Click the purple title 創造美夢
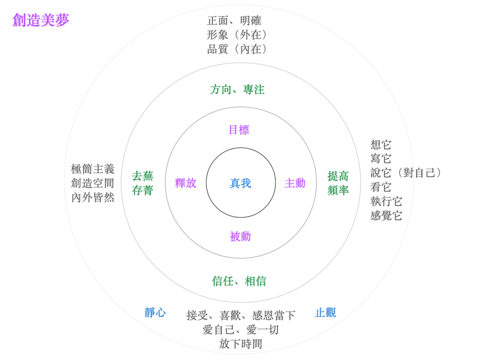click(x=41, y=20)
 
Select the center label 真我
click(x=240, y=183)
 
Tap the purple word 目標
click(x=239, y=130)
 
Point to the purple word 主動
click(x=295, y=183)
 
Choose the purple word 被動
click(x=240, y=236)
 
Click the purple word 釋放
click(x=186, y=183)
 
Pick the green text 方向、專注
click(x=237, y=90)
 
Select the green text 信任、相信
click(x=239, y=281)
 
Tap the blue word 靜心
click(x=155, y=313)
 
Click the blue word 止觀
click(x=325, y=313)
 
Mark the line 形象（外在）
click(x=237, y=35)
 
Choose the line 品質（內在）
click(x=237, y=49)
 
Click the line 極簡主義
click(x=93, y=169)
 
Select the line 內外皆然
click(x=93, y=197)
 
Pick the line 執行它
click(x=386, y=201)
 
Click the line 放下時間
click(x=241, y=344)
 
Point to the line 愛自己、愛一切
click(x=241, y=329)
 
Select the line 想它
click(x=381, y=144)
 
